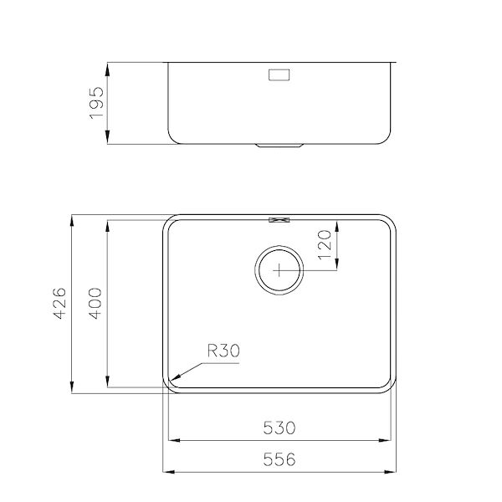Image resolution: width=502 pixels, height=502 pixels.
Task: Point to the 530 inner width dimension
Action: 279,428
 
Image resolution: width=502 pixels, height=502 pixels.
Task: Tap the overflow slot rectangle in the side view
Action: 279,75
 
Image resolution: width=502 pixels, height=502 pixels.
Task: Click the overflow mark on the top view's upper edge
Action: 279,220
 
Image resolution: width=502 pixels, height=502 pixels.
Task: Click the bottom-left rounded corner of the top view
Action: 169,386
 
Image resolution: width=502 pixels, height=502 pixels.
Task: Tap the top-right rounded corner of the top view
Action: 389,223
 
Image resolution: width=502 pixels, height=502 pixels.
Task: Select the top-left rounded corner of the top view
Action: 169,223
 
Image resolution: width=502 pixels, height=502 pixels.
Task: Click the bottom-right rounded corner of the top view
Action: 389,386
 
